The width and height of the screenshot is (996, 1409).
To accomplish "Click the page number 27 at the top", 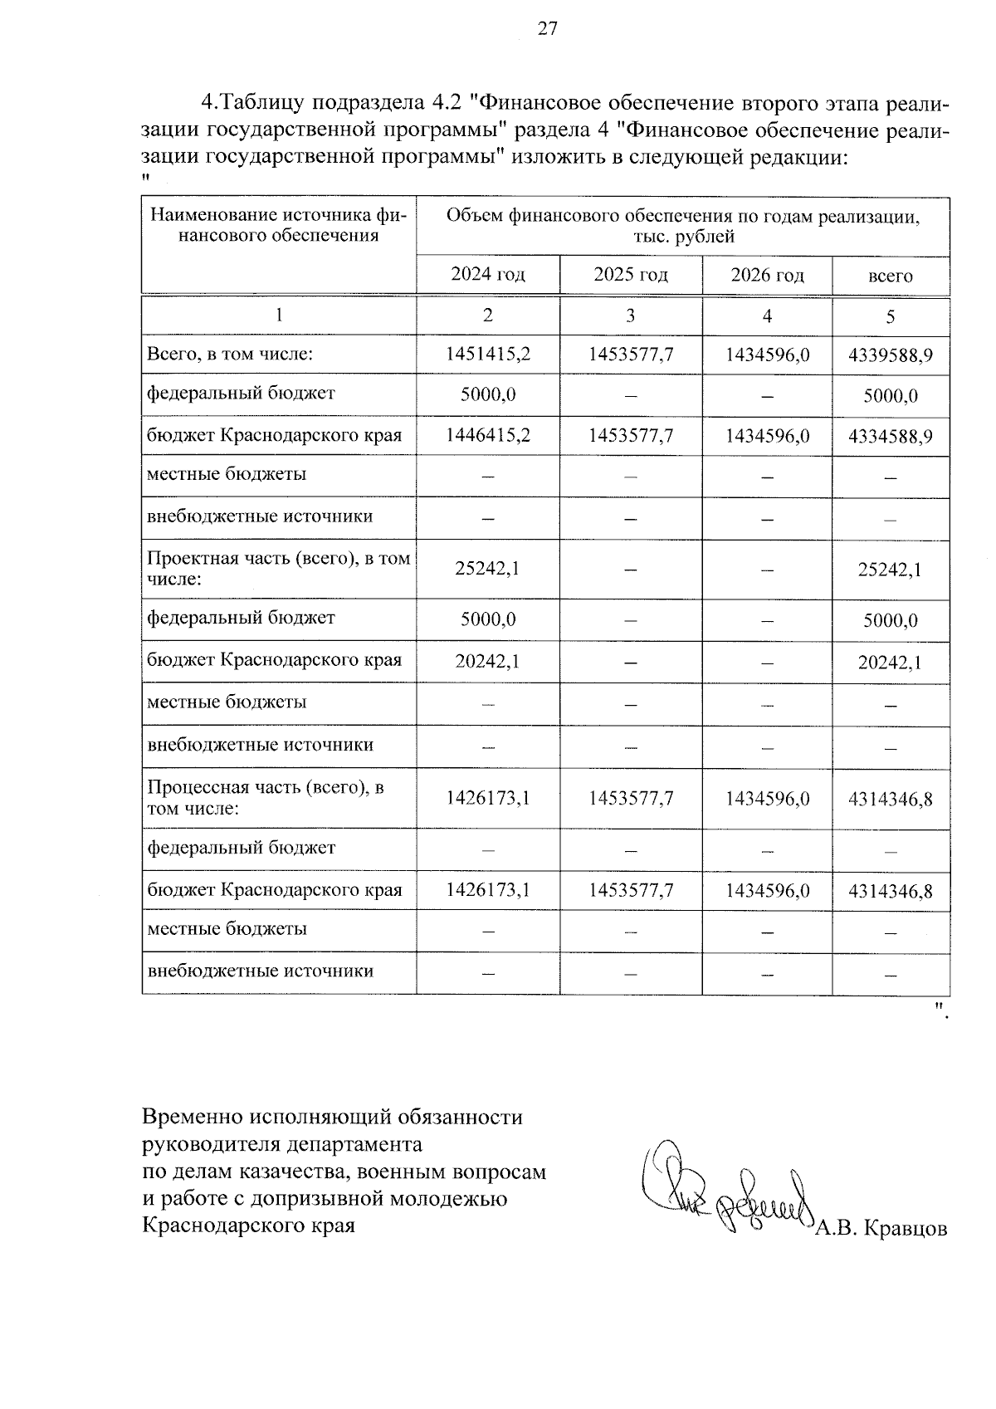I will click(548, 29).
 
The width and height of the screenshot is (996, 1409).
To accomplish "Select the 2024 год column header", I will click(488, 275).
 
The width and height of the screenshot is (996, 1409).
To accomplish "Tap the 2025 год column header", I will click(631, 275).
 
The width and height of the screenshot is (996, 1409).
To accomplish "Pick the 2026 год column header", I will click(767, 275).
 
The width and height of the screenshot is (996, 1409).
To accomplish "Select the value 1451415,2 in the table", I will click(488, 355).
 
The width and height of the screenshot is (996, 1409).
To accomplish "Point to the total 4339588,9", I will click(890, 355).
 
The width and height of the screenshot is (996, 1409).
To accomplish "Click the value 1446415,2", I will click(488, 435).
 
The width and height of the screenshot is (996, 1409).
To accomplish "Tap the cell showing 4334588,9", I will click(890, 436).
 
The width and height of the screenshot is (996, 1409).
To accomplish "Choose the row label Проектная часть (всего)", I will click(278, 569).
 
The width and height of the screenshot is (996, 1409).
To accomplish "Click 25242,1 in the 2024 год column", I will click(488, 569).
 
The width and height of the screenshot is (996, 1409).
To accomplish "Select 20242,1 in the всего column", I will click(890, 663).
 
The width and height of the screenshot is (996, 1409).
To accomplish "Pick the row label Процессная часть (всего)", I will click(266, 797).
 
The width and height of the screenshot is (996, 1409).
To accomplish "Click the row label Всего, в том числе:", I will click(230, 355).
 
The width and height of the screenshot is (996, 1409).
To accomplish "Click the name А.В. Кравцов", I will click(881, 1229).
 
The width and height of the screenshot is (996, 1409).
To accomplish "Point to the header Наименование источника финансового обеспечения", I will click(278, 226).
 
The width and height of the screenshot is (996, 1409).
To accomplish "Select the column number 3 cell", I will click(631, 316).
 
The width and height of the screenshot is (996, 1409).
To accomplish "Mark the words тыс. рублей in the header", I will click(682, 237).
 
